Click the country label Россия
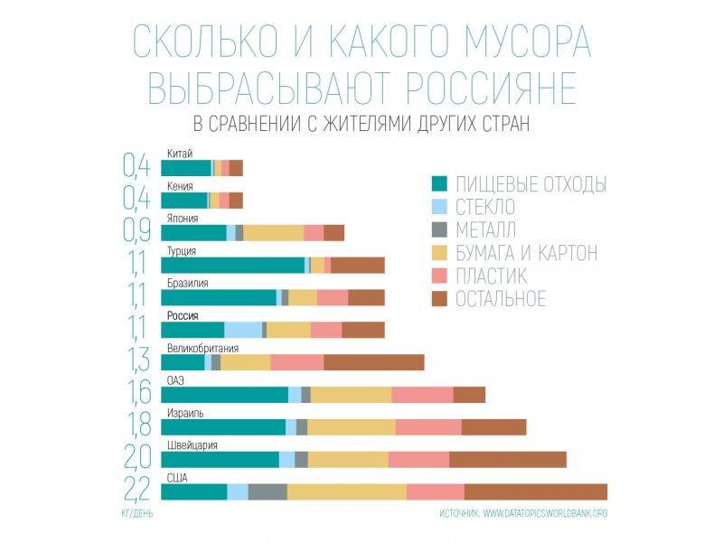pyautogui.click(x=183, y=315)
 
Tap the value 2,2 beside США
pyautogui.click(x=136, y=491)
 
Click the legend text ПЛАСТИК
pyautogui.click(x=493, y=276)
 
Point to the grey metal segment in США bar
pyautogui.click(x=268, y=491)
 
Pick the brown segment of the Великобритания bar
pyautogui.click(x=374, y=362)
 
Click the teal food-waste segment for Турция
pyautogui.click(x=232, y=265)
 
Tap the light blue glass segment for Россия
pyautogui.click(x=243, y=330)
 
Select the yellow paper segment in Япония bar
pyautogui.click(x=273, y=232)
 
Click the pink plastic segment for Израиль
pyautogui.click(x=428, y=427)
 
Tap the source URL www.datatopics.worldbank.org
pyautogui.click(x=545, y=513)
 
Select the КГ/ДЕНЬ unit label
pyautogui.click(x=136, y=513)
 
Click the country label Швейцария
pyautogui.click(x=192, y=445)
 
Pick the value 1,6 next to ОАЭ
pyautogui.click(x=136, y=394)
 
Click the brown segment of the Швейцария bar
pyautogui.click(x=508, y=459)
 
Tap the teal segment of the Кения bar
pyautogui.click(x=184, y=201)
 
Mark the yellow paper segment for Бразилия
pyautogui.click(x=303, y=297)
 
